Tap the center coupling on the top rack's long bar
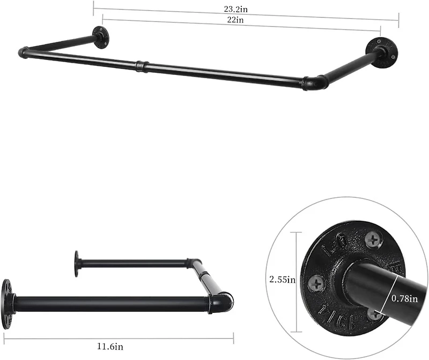[x=140, y=66]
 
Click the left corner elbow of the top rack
[x=24, y=52]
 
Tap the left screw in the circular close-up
[x=317, y=282]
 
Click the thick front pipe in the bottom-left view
[x=107, y=304]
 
